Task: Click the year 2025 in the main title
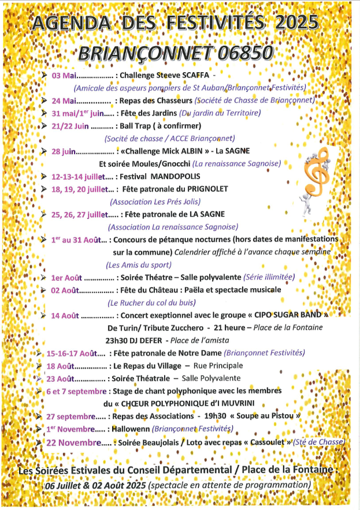coord(295,22)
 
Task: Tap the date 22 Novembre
coord(76,442)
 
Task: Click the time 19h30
coord(210,416)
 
